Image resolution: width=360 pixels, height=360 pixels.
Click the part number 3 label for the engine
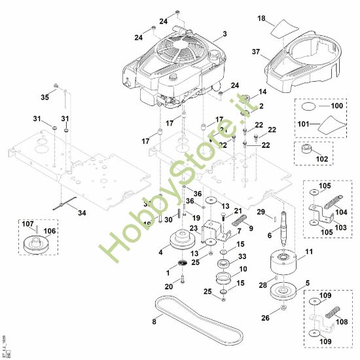pos(225,33)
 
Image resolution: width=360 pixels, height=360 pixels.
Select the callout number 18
pos(262,20)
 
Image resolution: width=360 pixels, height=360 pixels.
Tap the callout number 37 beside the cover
pos(256,51)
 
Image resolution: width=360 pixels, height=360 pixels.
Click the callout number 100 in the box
pos(337,105)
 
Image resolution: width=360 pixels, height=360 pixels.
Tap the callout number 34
pos(81,213)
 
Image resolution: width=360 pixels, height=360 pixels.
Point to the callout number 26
pos(264,319)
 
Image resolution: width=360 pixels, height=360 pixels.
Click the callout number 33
pos(242,257)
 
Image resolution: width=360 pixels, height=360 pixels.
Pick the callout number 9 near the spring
pos(250,228)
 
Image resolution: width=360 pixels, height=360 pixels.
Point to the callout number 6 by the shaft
pos(270,235)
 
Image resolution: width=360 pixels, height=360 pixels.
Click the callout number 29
pos(260,213)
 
